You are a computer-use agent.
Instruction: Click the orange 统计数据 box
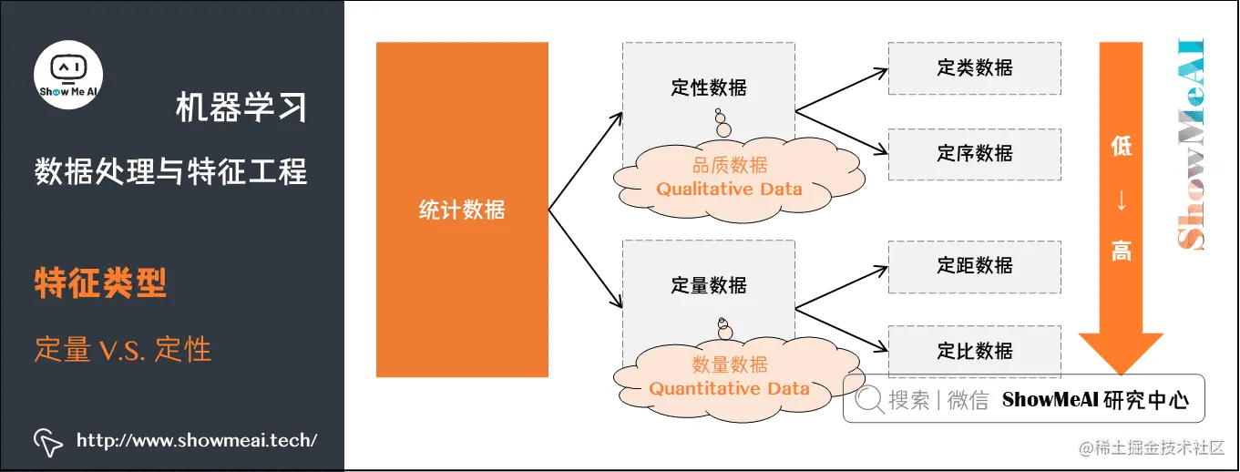coord(462,210)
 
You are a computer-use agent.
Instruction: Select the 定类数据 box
coord(974,67)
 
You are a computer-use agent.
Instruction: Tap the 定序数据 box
coord(974,154)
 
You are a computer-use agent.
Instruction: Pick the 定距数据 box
coord(974,266)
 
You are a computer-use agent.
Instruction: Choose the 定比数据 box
coord(974,351)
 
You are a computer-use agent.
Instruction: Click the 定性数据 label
coord(709,87)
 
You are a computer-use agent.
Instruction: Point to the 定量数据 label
coord(709,285)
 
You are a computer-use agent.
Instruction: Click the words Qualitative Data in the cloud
coord(729,190)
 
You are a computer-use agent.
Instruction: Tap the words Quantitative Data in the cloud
coord(729,388)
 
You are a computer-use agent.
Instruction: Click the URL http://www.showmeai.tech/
coord(197,441)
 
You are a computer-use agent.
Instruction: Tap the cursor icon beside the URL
coord(48,441)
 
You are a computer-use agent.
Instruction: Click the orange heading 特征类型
coord(100,283)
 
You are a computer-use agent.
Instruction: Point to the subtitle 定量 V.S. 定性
coord(123,349)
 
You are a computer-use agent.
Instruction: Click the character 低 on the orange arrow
coord(1121,146)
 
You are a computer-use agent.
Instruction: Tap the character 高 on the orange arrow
coord(1121,251)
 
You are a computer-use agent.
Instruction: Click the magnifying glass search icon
coord(870,400)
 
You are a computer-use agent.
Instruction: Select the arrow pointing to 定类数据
coord(843,87)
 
